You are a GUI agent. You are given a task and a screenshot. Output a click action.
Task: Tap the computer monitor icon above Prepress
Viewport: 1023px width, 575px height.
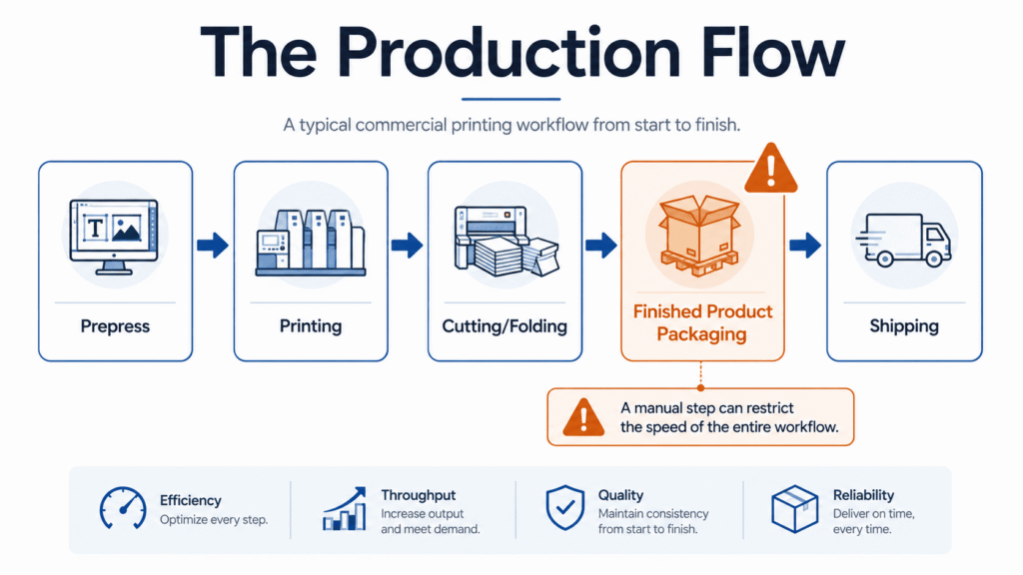coord(114,237)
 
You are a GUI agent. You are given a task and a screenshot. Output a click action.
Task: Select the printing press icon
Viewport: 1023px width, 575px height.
coord(311,243)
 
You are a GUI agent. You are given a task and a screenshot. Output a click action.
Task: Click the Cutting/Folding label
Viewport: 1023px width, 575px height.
coord(505,326)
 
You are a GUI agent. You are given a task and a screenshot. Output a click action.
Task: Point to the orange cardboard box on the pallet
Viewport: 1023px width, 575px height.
coord(700,236)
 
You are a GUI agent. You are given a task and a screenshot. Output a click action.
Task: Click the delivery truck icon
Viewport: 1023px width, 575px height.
coord(903,241)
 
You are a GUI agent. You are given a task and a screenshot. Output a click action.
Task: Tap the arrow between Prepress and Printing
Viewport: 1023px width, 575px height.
coord(213,246)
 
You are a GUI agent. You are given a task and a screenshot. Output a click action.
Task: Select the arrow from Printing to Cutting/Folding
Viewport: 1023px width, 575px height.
coord(408,246)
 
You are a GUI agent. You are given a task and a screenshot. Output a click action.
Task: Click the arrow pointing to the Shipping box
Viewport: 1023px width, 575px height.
coord(805,246)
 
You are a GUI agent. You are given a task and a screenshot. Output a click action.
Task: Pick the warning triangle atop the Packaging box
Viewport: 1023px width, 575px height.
coord(771,169)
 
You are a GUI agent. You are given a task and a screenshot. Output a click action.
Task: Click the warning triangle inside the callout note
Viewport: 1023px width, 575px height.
coord(583,417)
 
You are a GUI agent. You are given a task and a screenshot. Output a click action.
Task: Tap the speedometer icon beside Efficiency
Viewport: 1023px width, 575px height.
coord(123,508)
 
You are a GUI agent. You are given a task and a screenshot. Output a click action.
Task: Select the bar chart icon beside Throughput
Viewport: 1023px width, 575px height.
coord(345,508)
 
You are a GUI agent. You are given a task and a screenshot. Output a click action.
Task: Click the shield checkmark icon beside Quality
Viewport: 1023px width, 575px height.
coord(565,507)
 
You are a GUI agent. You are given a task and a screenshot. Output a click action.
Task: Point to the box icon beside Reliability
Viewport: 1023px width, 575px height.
coord(794,508)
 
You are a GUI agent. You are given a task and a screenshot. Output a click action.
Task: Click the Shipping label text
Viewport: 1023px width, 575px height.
coord(904,326)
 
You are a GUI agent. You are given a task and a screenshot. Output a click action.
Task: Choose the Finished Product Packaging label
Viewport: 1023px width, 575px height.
coord(702,322)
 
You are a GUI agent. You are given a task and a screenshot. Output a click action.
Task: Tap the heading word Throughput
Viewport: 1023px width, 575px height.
coord(419,495)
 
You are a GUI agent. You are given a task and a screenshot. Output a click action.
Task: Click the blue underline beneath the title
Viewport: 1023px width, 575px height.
coord(511,99)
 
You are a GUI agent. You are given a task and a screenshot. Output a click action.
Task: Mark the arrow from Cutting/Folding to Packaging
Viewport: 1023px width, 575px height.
coord(600,246)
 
